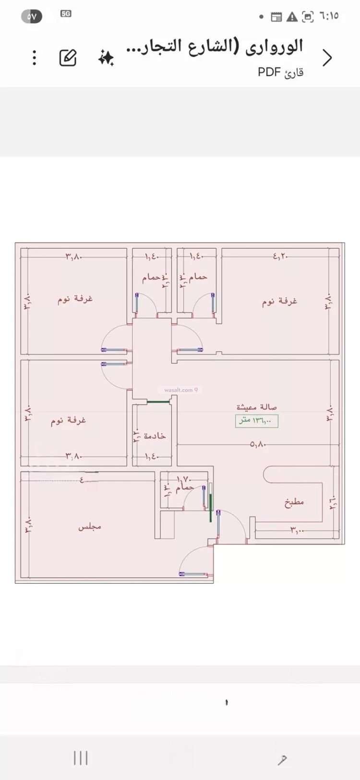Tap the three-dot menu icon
[x=34, y=58]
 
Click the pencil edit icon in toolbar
[x=68, y=58]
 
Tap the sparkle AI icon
[x=106, y=58]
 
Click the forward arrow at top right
[x=327, y=58]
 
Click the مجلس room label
[x=90, y=527]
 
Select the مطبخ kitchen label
[x=294, y=502]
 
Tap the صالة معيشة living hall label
[x=256, y=407]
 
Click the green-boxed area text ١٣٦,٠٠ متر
[x=256, y=420]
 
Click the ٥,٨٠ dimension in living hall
[x=258, y=444]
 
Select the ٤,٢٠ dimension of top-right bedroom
[x=280, y=256]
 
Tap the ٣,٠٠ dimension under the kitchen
[x=297, y=530]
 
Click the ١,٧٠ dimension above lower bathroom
[x=184, y=479]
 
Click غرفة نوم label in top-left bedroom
[x=75, y=299]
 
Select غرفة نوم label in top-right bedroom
[x=279, y=301]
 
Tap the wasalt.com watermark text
[x=179, y=390]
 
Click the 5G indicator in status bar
[x=66, y=14]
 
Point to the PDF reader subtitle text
[x=280, y=72]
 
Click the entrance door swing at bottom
[x=196, y=562]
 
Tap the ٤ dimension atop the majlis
[x=82, y=479]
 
